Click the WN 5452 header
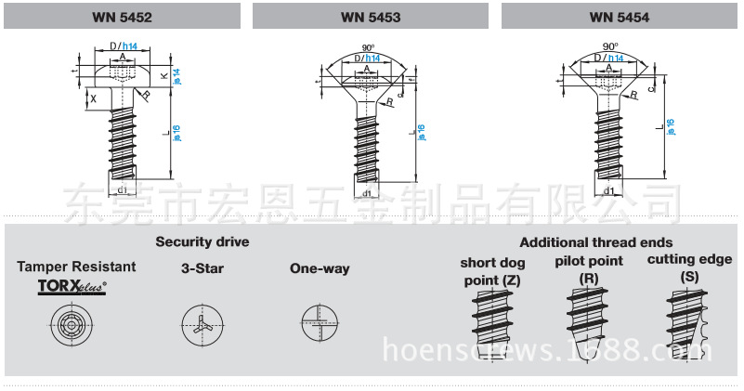[x=123, y=17]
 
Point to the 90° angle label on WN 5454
[x=609, y=46]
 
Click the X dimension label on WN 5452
[x=93, y=98]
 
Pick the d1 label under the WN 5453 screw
[x=367, y=193]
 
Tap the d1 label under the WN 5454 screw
[x=609, y=191]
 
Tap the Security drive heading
[x=202, y=242]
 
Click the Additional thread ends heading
[x=595, y=242]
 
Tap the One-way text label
[x=320, y=269]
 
